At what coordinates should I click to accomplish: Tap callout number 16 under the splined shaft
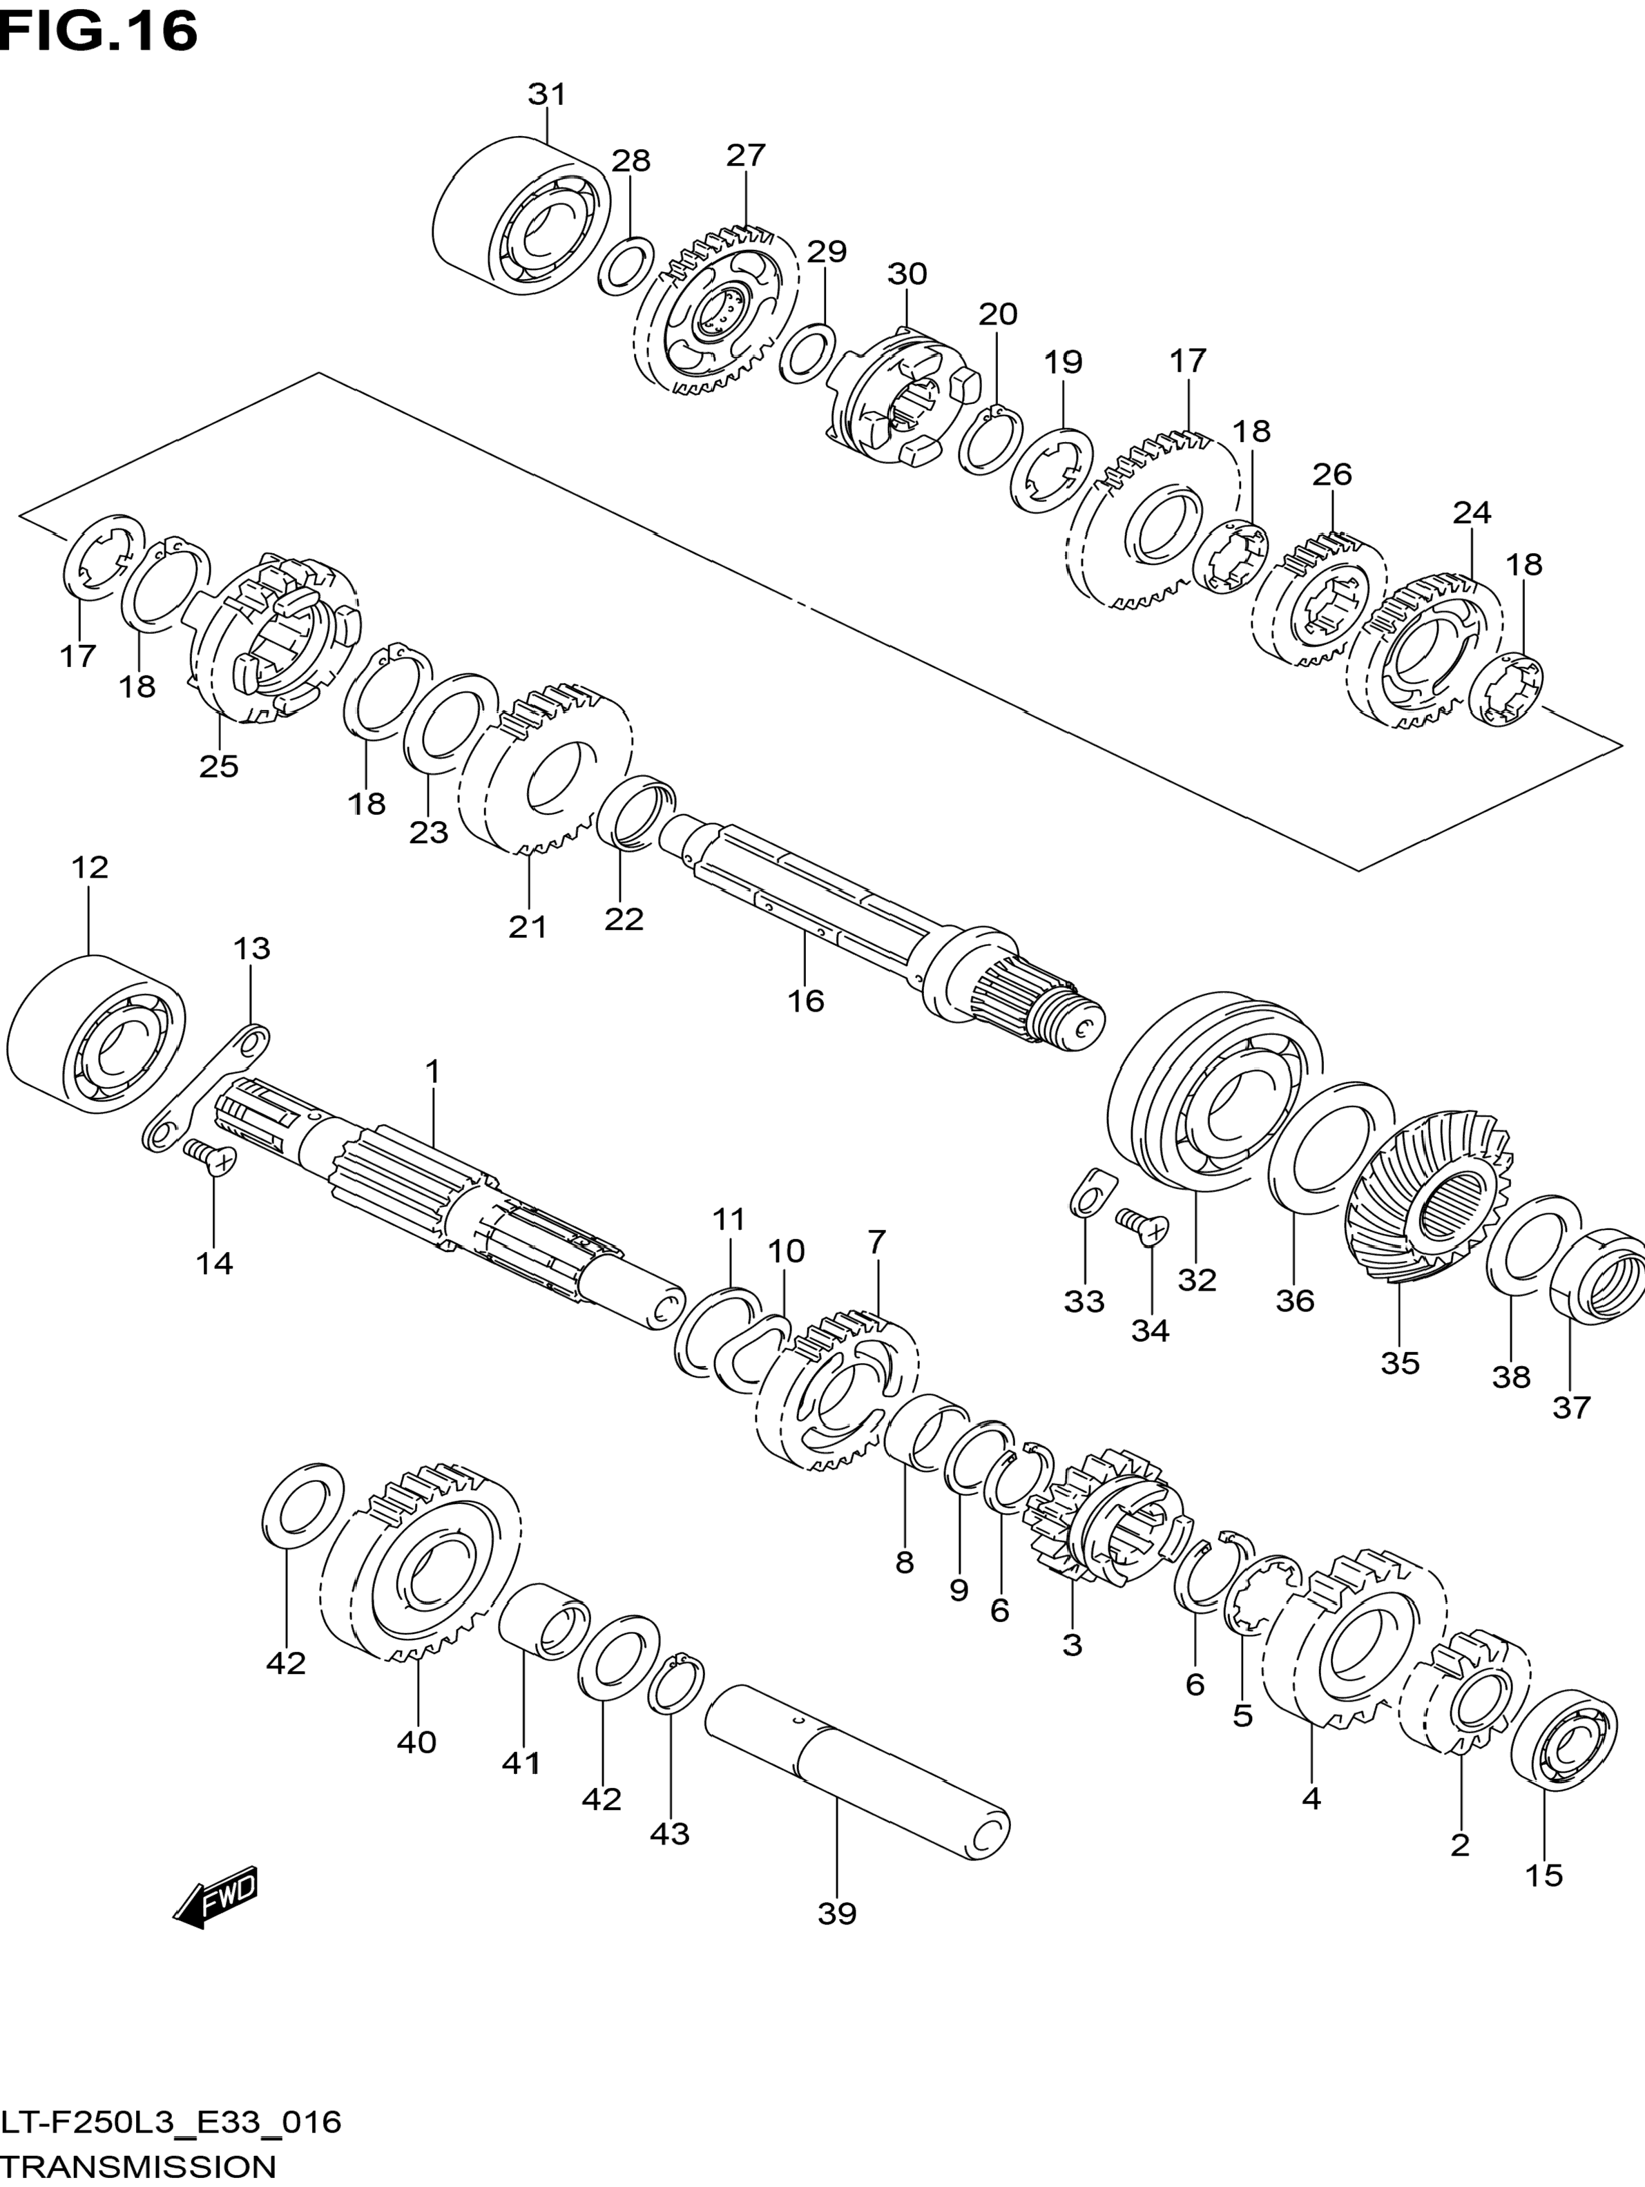click(806, 1001)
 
